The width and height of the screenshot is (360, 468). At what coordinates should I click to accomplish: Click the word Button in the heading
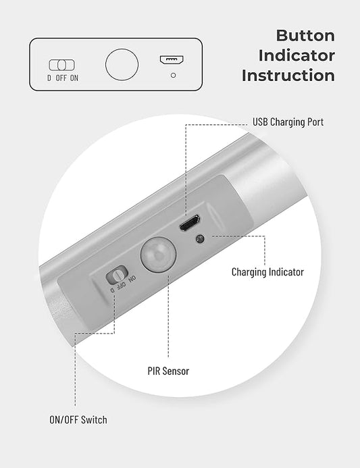(305, 35)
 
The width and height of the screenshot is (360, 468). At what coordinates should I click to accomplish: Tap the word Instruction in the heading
(288, 75)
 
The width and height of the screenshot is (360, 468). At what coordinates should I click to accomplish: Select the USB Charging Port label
(288, 122)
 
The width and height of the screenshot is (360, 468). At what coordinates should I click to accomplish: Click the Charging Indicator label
(267, 272)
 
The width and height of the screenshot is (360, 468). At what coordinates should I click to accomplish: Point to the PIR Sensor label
(168, 371)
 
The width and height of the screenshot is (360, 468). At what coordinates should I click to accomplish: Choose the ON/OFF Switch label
(78, 419)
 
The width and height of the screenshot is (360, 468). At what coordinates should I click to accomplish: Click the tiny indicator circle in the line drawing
(173, 75)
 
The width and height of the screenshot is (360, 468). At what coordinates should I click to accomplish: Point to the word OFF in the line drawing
(61, 78)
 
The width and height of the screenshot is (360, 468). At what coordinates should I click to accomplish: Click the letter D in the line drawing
(49, 78)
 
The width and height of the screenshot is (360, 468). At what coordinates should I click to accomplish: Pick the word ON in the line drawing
(74, 78)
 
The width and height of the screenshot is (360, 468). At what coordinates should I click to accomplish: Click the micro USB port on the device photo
(188, 223)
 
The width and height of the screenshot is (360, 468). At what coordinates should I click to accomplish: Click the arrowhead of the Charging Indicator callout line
(211, 237)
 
